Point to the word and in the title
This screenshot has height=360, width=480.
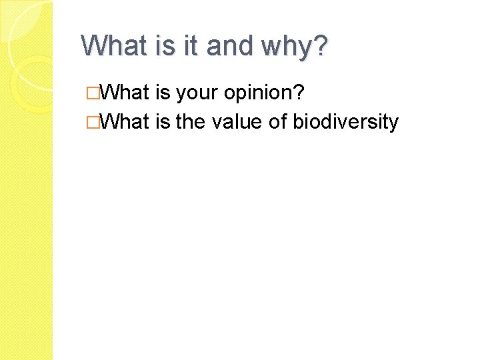(229, 46)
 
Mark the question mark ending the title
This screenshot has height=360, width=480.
(321, 46)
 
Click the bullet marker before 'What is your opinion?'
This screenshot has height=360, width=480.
(101, 93)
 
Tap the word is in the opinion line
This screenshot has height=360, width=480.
(163, 93)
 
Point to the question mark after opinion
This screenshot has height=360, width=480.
(302, 93)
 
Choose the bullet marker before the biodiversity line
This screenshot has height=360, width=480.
(101, 122)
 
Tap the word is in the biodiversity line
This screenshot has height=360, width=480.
(163, 122)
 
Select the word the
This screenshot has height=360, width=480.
(191, 122)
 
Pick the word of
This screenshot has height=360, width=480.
(278, 122)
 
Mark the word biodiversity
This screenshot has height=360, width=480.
(346, 123)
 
